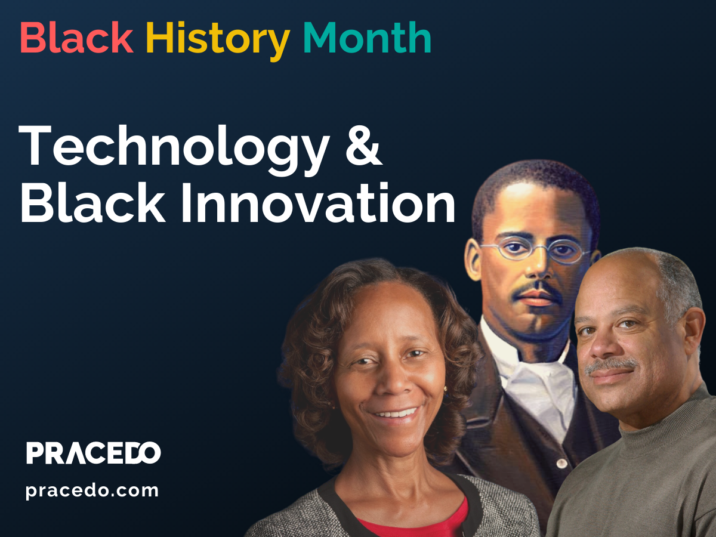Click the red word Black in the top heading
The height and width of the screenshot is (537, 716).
tap(76, 38)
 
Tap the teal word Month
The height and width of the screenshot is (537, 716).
tap(367, 38)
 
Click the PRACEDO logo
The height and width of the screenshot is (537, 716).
tap(94, 453)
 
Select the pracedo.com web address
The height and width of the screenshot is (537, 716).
tap(92, 491)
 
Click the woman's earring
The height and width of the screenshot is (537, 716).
tap(445, 389)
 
